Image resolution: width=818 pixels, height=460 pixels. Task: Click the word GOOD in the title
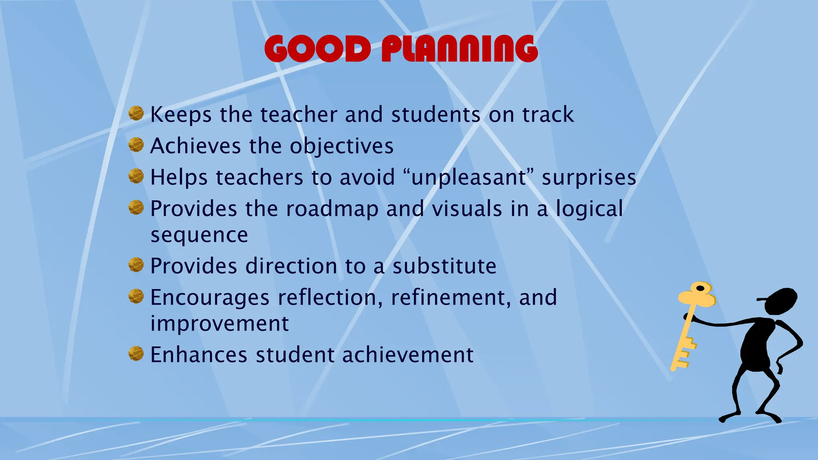coord(318,49)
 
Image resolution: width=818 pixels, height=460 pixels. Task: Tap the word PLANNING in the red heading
coord(459,49)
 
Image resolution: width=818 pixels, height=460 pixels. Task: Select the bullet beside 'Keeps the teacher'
coord(136,113)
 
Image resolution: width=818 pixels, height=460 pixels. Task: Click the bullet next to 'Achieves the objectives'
coord(136,145)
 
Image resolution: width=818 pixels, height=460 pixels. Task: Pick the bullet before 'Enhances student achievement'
coord(136,354)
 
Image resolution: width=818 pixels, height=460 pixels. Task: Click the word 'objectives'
coord(341,146)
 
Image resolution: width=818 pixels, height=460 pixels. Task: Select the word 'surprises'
coord(589,178)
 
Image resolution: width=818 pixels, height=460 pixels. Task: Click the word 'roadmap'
coord(332,209)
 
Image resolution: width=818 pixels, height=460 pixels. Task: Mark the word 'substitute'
coord(444,266)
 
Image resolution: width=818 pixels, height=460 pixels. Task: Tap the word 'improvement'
coord(219,323)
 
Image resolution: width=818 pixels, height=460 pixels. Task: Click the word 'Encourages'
coord(210,298)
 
